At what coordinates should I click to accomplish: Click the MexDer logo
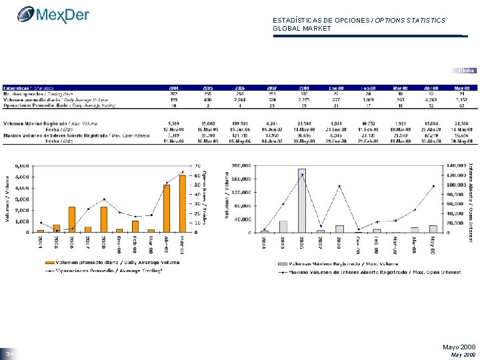(x=53, y=14)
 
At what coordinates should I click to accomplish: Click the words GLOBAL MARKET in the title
(x=302, y=29)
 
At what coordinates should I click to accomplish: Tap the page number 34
(x=9, y=353)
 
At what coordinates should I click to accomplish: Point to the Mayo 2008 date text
(x=459, y=347)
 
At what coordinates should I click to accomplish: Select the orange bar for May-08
(x=183, y=203)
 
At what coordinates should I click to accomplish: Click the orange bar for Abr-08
(x=167, y=208)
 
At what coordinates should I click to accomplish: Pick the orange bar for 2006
(x=72, y=219)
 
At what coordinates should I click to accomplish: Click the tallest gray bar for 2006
(x=302, y=200)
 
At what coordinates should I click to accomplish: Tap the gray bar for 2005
(x=283, y=226)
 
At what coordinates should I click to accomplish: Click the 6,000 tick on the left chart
(x=21, y=165)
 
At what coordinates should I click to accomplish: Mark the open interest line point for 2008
(x=339, y=186)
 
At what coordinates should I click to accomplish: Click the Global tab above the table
(x=466, y=70)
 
